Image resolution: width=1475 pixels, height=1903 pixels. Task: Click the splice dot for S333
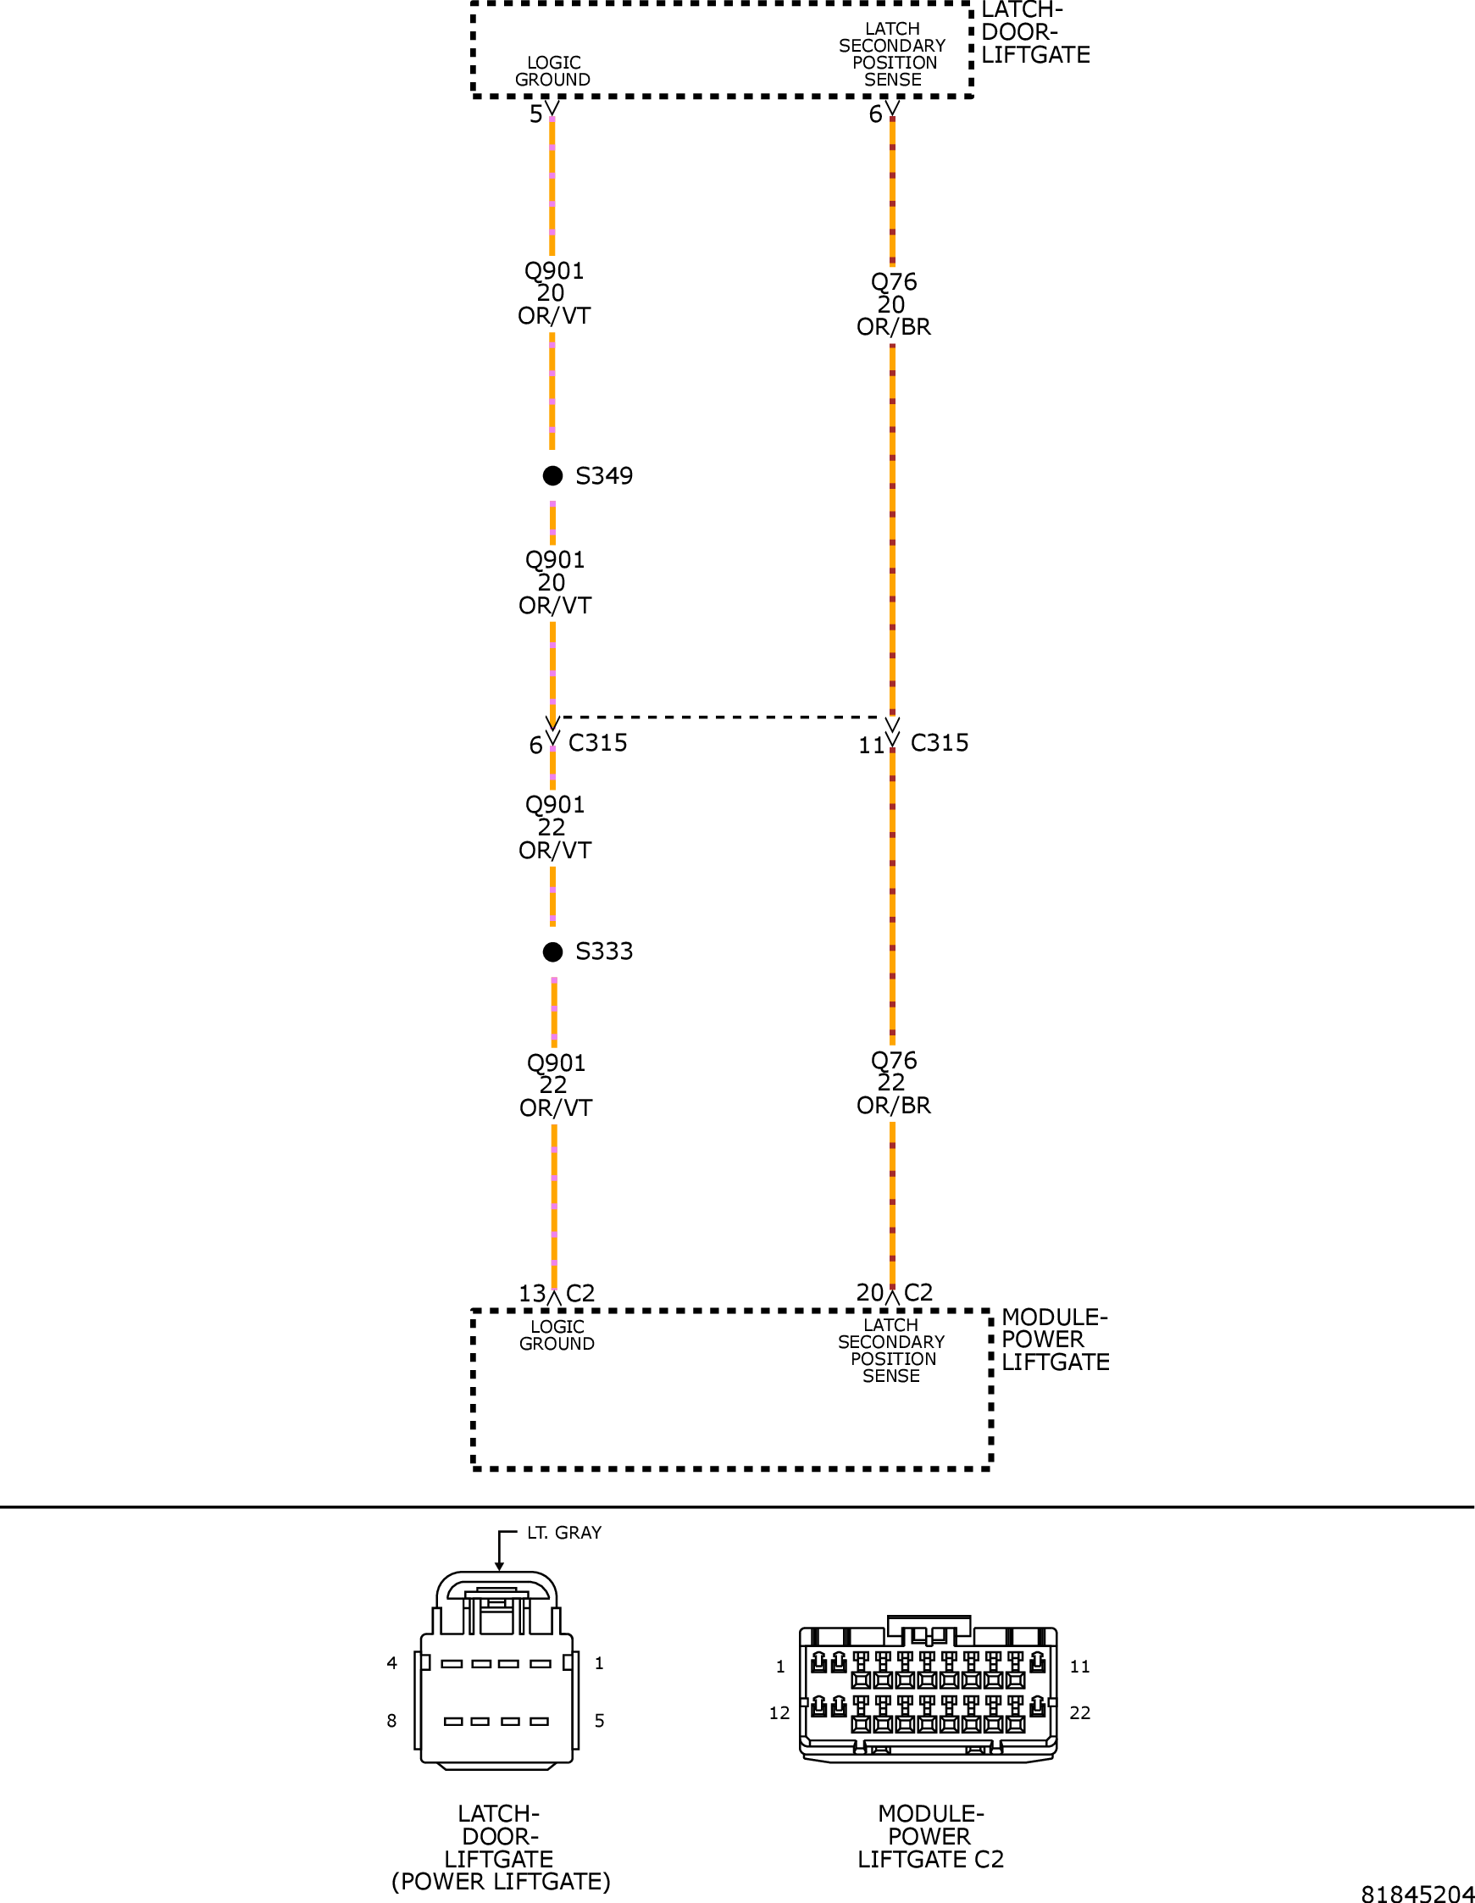coord(552,951)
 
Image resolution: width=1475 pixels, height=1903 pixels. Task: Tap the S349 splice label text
coord(604,476)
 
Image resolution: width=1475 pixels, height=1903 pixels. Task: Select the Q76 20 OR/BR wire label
coord(893,304)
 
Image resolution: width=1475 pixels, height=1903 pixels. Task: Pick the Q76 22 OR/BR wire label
coord(893,1083)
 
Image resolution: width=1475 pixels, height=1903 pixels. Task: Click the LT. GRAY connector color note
coord(563,1533)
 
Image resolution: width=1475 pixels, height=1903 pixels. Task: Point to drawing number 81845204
coord(1417,1893)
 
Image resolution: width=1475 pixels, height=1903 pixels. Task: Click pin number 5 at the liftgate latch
coord(535,114)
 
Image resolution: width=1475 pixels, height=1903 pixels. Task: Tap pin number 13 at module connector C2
coord(531,1294)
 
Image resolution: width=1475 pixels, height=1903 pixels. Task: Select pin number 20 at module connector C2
coord(869,1292)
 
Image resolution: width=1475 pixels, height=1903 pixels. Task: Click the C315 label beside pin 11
coord(940,742)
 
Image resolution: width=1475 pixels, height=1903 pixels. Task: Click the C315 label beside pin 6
coord(597,742)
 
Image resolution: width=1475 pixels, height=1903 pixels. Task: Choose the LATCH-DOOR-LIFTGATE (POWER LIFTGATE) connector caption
coord(500,1847)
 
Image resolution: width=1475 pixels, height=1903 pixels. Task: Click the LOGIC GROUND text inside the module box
coord(557,1334)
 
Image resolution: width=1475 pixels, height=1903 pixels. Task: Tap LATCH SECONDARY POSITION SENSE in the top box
coord(892,54)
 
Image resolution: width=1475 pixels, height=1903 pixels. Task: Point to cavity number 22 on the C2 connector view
coord(1079,1713)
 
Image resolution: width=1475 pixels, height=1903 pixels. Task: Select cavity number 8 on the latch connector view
coord(392,1721)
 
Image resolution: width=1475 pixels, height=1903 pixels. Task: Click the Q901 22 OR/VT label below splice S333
coord(555,1085)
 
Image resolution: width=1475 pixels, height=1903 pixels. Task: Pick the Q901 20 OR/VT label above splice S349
coord(554,293)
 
